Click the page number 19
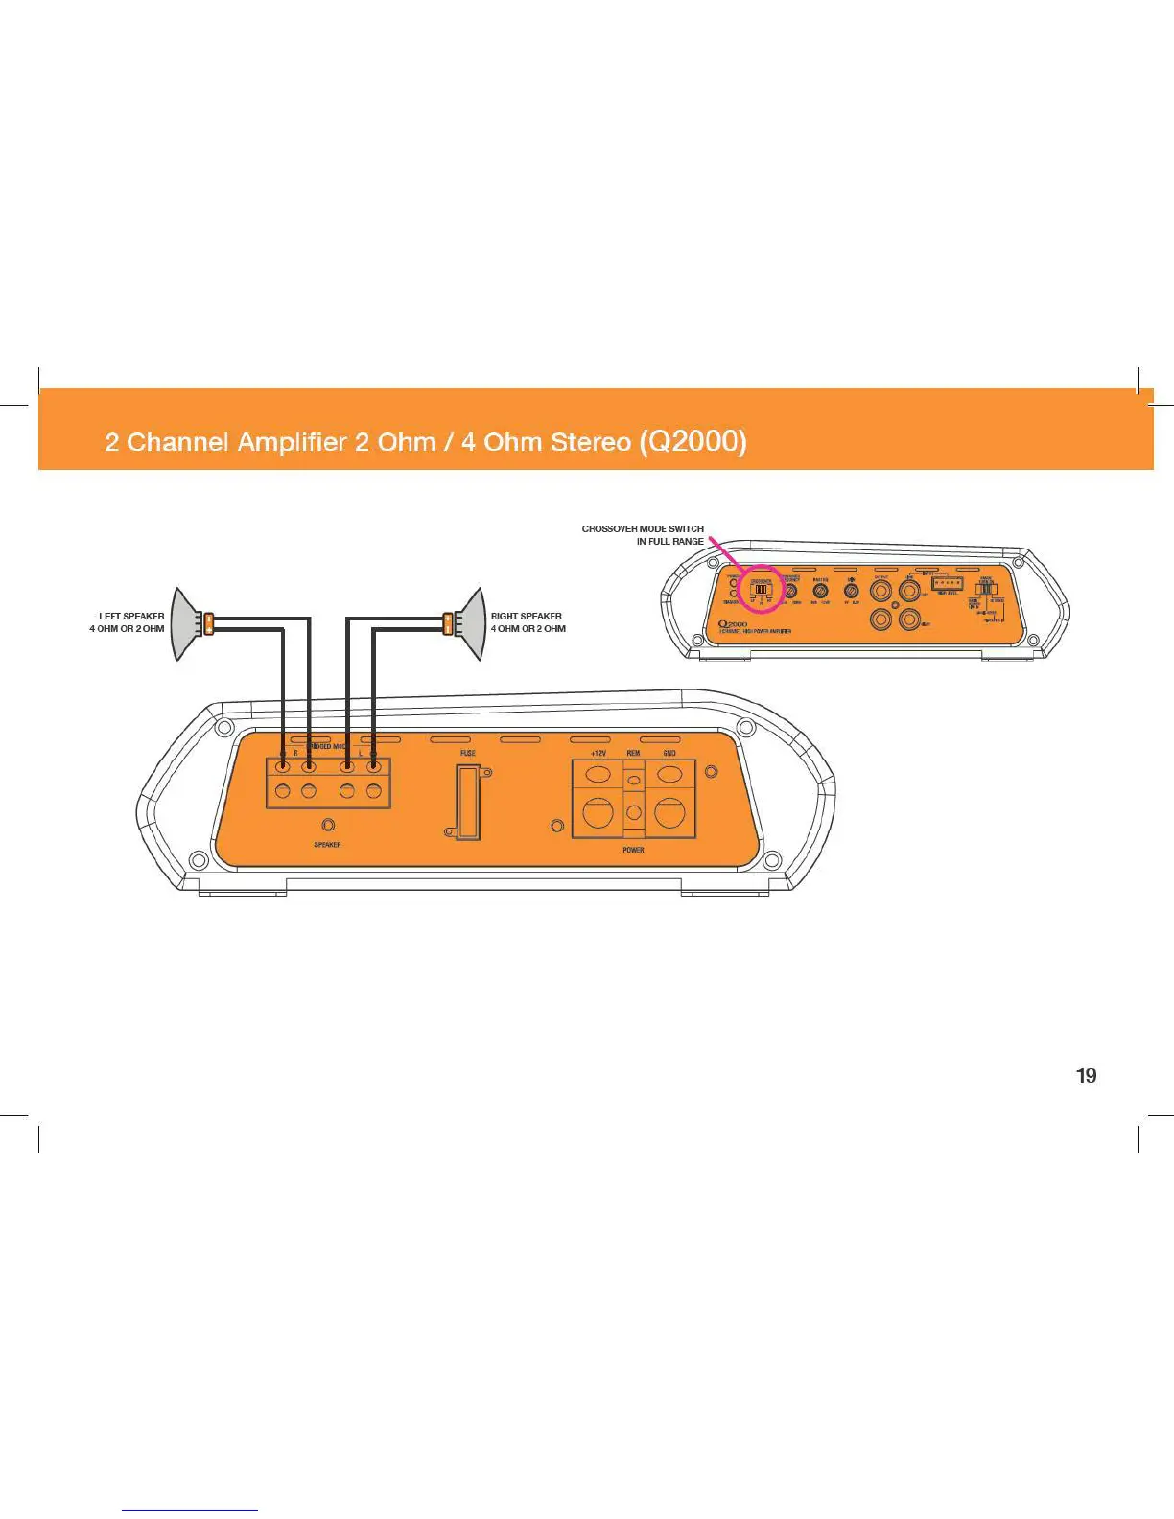tap(1086, 1076)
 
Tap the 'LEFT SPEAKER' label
tap(131, 616)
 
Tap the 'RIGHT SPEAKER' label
tap(527, 616)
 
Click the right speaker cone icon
tap(470, 624)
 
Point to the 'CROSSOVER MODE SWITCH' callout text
tap(643, 528)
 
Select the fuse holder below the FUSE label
tap(467, 803)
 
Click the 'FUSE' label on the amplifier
tap(467, 754)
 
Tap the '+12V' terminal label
tap(599, 754)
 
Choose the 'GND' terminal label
tap(669, 754)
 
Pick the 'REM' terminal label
tap(633, 754)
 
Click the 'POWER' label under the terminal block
tap(633, 851)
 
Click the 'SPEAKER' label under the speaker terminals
tap(327, 845)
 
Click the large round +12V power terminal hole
tap(598, 813)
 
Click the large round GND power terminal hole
tap(669, 813)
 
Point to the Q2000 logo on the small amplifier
tap(733, 623)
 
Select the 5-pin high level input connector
tap(947, 583)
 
